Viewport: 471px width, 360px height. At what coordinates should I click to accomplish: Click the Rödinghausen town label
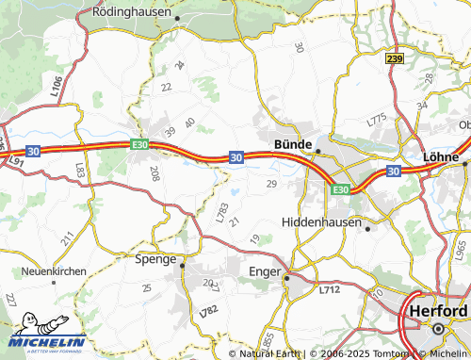pos(132,12)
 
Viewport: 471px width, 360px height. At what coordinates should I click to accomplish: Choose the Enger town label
pos(264,271)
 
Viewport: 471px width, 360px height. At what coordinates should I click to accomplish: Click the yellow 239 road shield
pos(395,58)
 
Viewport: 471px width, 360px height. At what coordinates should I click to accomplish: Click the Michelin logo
pos(48,333)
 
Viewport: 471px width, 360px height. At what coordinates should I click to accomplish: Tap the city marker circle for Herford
pos(438,328)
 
